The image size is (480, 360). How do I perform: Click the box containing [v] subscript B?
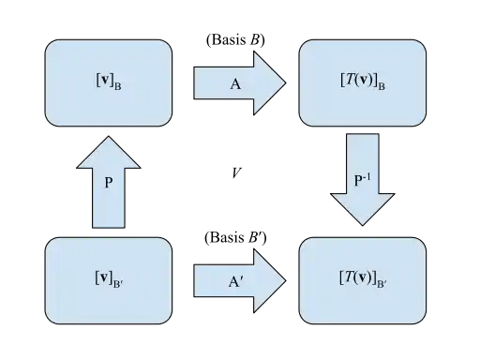coord(109,82)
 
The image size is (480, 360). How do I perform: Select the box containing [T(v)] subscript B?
coord(363,82)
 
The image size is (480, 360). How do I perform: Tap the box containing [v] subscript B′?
coord(109,280)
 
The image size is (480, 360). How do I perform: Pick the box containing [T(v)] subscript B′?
coord(363,280)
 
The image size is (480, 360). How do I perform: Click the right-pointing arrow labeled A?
coord(240,83)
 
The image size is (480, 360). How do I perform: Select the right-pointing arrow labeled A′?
coord(240,280)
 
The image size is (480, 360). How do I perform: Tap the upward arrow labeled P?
coord(109,182)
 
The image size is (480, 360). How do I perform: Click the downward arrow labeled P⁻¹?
coord(363,180)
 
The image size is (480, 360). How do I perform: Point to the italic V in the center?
coord(236,172)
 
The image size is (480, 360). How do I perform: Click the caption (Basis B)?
coord(235,40)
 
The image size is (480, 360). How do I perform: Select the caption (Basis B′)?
coord(235,237)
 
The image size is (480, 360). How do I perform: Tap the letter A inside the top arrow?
coord(235,84)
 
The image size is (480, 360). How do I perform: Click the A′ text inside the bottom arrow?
coord(235,282)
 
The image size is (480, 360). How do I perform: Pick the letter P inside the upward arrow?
coord(109,183)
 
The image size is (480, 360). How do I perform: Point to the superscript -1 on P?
coord(367,177)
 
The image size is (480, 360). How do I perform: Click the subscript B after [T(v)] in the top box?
coord(382,86)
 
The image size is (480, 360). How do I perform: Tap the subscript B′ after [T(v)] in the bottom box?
coord(382,284)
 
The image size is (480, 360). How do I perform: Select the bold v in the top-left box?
coord(105,81)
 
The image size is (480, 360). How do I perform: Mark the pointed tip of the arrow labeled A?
coord(286,83)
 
